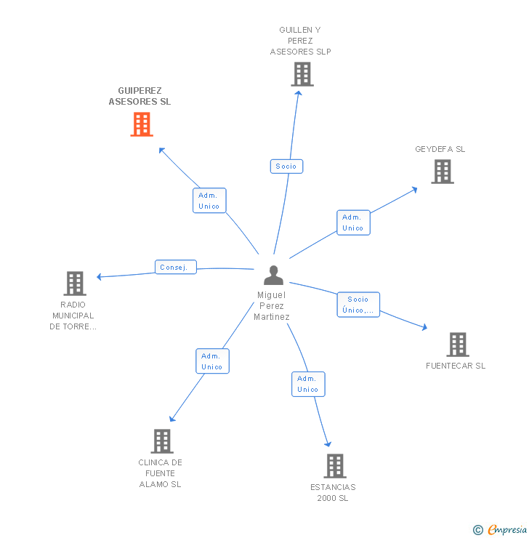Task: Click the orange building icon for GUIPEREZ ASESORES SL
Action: click(x=142, y=124)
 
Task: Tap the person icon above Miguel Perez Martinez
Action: click(x=274, y=275)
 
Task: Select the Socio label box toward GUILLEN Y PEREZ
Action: click(x=286, y=166)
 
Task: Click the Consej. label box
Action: click(x=176, y=267)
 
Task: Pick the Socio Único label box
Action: click(x=358, y=305)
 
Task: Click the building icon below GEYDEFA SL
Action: click(x=443, y=172)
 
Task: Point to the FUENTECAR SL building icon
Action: click(x=458, y=345)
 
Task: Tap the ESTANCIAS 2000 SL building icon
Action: click(x=335, y=466)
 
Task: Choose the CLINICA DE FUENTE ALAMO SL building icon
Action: click(x=162, y=441)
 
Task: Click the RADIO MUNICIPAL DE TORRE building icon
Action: click(x=75, y=284)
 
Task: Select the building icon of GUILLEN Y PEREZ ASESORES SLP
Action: click(x=302, y=74)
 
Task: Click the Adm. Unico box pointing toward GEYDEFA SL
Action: click(x=353, y=222)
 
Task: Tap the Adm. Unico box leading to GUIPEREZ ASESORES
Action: click(x=209, y=201)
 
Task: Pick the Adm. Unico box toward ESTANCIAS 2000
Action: click(x=308, y=385)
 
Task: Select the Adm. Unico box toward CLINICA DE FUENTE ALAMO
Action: click(x=213, y=361)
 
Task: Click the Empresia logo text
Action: click(x=507, y=530)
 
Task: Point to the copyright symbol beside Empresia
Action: click(x=478, y=530)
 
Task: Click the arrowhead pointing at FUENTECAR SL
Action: click(x=424, y=327)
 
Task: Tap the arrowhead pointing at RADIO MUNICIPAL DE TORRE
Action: click(x=100, y=276)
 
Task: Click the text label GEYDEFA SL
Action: click(x=440, y=149)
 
